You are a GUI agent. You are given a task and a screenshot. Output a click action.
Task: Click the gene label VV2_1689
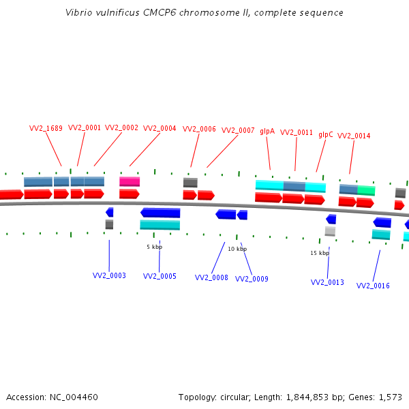click(x=46, y=128)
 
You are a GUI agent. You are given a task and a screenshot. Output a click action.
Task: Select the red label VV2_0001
click(x=85, y=127)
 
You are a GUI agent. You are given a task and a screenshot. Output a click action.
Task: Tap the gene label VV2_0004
click(x=160, y=128)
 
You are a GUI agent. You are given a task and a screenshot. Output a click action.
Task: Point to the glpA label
click(x=267, y=131)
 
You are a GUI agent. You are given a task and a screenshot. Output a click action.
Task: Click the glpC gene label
click(x=326, y=134)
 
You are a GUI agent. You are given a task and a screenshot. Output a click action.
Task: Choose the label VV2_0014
click(x=354, y=136)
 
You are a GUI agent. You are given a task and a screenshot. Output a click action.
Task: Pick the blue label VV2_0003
click(x=109, y=275)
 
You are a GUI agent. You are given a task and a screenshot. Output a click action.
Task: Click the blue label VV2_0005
click(x=160, y=276)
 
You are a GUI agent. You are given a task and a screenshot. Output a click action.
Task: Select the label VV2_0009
click(x=252, y=279)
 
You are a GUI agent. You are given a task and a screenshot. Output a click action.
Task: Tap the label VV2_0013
click(x=327, y=282)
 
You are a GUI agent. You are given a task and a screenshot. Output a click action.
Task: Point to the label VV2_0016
click(x=373, y=286)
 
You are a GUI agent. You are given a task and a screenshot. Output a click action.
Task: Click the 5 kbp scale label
click(x=154, y=247)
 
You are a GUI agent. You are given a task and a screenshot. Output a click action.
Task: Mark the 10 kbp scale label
click(x=237, y=249)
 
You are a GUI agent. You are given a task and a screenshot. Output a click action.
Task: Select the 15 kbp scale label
click(x=320, y=253)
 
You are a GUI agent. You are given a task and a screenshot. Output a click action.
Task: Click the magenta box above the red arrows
click(x=130, y=181)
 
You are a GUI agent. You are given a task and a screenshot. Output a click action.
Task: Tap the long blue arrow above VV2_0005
click(x=160, y=213)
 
